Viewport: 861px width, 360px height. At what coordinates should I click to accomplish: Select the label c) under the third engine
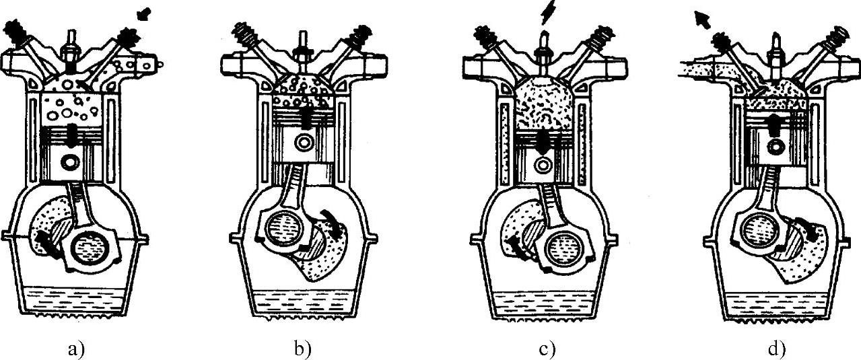point(547,349)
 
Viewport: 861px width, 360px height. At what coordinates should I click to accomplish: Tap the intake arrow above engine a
point(143,13)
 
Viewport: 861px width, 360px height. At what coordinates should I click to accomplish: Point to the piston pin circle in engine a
point(69,162)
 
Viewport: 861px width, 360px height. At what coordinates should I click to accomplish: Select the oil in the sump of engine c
point(545,303)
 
